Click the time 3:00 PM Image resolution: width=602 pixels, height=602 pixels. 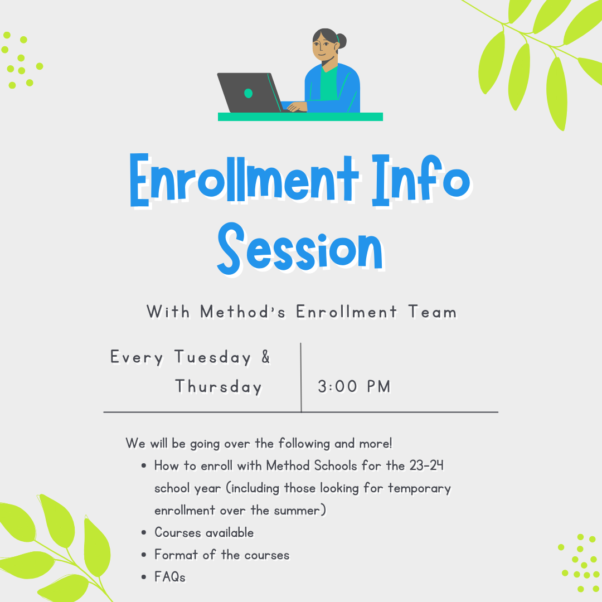pos(354,386)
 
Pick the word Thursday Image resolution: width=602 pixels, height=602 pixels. pos(219,386)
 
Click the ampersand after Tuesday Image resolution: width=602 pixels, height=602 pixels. pos(265,357)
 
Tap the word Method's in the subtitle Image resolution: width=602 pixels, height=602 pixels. pos(243,312)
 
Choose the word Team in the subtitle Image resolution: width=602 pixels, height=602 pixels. pos(432,312)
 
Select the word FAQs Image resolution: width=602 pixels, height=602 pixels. pos(170,577)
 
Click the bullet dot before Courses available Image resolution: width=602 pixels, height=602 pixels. pos(144,533)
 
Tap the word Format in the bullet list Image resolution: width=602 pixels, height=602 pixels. pos(173,555)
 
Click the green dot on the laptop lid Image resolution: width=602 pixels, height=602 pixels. pos(249,93)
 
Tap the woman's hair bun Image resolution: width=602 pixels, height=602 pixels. pos(341,40)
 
